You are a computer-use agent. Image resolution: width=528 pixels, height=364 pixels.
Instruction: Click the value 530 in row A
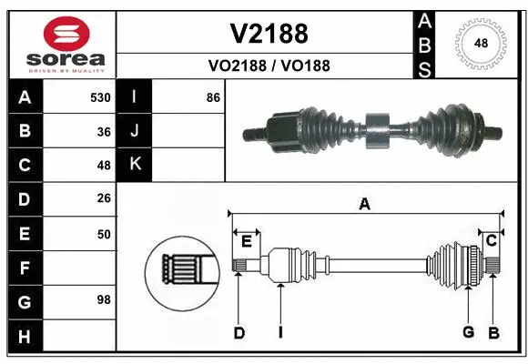pos(100,97)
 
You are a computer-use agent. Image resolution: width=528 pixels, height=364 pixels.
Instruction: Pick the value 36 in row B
pos(104,131)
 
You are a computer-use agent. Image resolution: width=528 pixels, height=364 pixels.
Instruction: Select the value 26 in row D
pos(104,199)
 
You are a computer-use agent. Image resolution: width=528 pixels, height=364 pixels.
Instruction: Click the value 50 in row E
pos(104,234)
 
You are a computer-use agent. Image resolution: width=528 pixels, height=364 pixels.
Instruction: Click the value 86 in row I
pos(213,97)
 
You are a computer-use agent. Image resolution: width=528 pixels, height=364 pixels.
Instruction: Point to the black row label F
pos(24,268)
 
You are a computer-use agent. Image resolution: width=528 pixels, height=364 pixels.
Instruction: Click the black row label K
pos(135,165)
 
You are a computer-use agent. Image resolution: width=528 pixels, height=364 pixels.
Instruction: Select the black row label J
pos(135,131)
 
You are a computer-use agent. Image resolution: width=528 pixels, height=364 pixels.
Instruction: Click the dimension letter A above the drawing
pos(365,204)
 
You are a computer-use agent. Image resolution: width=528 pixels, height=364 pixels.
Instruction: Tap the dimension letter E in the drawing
pos(246,240)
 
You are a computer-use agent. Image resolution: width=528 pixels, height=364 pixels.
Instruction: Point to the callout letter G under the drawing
pos(468,332)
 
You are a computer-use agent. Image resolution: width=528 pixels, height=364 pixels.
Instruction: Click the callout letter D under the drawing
pos(239,332)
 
